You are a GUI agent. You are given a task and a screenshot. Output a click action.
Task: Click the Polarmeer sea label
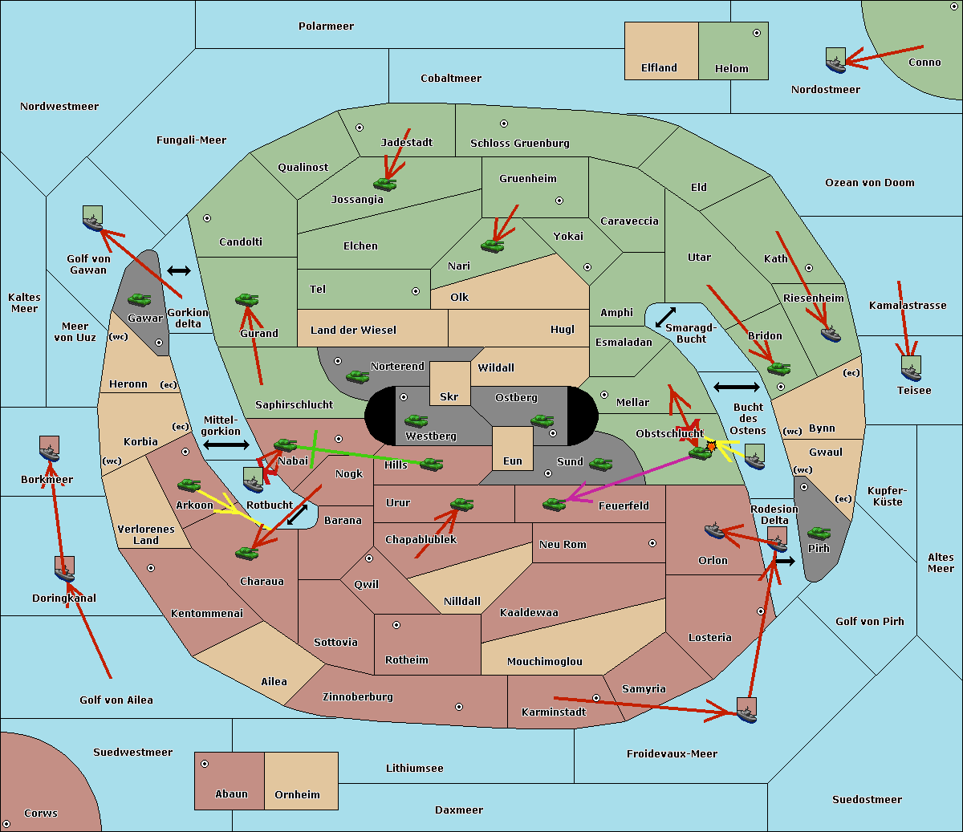point(326,26)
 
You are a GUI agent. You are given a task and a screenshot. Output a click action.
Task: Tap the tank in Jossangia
point(385,185)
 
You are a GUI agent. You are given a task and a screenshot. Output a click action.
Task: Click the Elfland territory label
point(659,68)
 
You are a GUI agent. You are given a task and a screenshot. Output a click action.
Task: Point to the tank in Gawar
point(140,300)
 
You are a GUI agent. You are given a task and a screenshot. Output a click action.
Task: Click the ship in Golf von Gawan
point(93,218)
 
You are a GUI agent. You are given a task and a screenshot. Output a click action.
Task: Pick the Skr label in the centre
point(449,396)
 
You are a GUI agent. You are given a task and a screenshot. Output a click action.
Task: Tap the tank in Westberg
point(416,420)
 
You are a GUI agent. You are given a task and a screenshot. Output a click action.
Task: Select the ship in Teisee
point(911,368)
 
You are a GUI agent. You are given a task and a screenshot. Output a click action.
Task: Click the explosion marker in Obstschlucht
point(711,445)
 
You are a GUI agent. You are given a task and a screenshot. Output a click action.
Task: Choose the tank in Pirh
point(819,533)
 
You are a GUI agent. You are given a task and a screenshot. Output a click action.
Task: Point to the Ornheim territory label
point(297,795)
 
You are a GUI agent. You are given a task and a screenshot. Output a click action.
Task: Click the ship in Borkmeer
point(50,449)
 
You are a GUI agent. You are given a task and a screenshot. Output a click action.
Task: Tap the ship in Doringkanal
point(65,569)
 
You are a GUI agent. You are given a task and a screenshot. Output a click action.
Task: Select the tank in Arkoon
point(189,485)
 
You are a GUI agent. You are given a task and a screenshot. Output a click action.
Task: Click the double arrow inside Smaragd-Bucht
point(665,318)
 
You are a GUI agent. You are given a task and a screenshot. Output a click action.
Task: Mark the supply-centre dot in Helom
point(756,33)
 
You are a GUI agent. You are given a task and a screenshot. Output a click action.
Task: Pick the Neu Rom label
point(563,545)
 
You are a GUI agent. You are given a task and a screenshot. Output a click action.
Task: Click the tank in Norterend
point(357,376)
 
